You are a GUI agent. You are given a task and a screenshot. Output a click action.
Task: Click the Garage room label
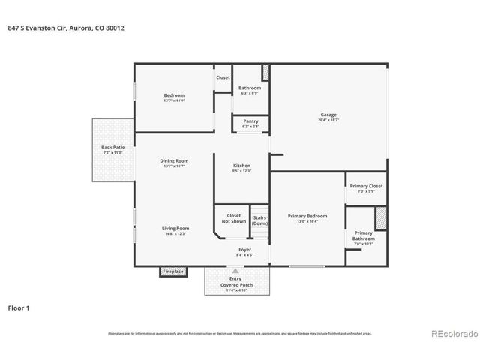pyautogui.click(x=328, y=115)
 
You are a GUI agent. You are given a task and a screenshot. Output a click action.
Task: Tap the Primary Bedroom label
pyautogui.click(x=307, y=216)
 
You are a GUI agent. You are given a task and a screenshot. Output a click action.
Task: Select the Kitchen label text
pyautogui.click(x=241, y=166)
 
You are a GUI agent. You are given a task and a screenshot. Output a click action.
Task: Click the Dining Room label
pyautogui.click(x=173, y=160)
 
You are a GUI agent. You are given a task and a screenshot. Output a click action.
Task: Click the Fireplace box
pyautogui.click(x=172, y=271)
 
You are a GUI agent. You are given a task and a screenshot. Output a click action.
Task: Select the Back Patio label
pyautogui.click(x=112, y=148)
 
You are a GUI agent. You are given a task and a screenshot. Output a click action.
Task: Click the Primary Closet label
pyautogui.click(x=366, y=186)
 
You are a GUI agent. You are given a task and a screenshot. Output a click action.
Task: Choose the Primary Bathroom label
pyautogui.click(x=363, y=235)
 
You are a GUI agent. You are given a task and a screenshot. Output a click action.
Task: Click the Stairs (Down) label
pyautogui.click(x=259, y=220)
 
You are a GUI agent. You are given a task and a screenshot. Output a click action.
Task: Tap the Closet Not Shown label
pyautogui.click(x=233, y=218)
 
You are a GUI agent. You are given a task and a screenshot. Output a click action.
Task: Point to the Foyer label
pyautogui.click(x=244, y=249)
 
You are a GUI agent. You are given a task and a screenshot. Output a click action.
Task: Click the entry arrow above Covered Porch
pyautogui.click(x=235, y=271)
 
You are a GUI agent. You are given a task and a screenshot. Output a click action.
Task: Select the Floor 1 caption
pyautogui.click(x=19, y=307)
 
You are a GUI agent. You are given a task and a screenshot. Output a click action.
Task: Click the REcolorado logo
pyautogui.click(x=451, y=334)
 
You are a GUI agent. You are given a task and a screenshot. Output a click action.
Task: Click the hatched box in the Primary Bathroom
pyautogui.click(x=381, y=218)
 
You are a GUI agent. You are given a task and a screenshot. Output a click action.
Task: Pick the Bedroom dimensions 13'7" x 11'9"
pyautogui.click(x=174, y=100)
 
